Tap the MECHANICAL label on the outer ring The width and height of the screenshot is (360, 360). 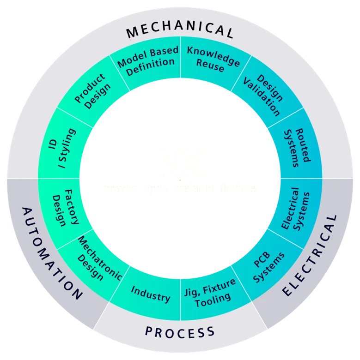[x=180, y=31]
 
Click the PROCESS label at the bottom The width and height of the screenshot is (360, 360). [x=180, y=331]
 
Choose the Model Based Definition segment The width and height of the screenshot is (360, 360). [x=147, y=62]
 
